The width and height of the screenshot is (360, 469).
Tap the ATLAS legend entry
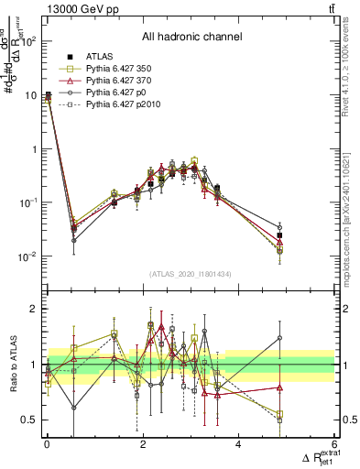click(98, 57)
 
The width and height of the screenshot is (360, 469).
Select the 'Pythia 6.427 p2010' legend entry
click(120, 106)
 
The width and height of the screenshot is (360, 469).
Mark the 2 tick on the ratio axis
click(33, 310)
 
